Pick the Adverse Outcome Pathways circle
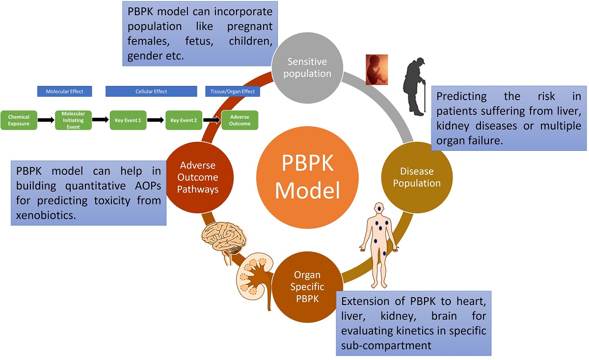pos(199,177)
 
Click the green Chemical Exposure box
pos(19,120)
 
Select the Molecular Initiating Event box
pos(73,120)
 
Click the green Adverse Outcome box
pos(240,120)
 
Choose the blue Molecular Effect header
pos(65,91)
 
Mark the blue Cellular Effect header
pos(151,91)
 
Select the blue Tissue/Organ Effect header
pos(232,91)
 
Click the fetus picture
pos(377,70)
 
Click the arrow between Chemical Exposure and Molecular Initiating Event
pos(46,120)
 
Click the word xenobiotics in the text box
pos(46,214)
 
